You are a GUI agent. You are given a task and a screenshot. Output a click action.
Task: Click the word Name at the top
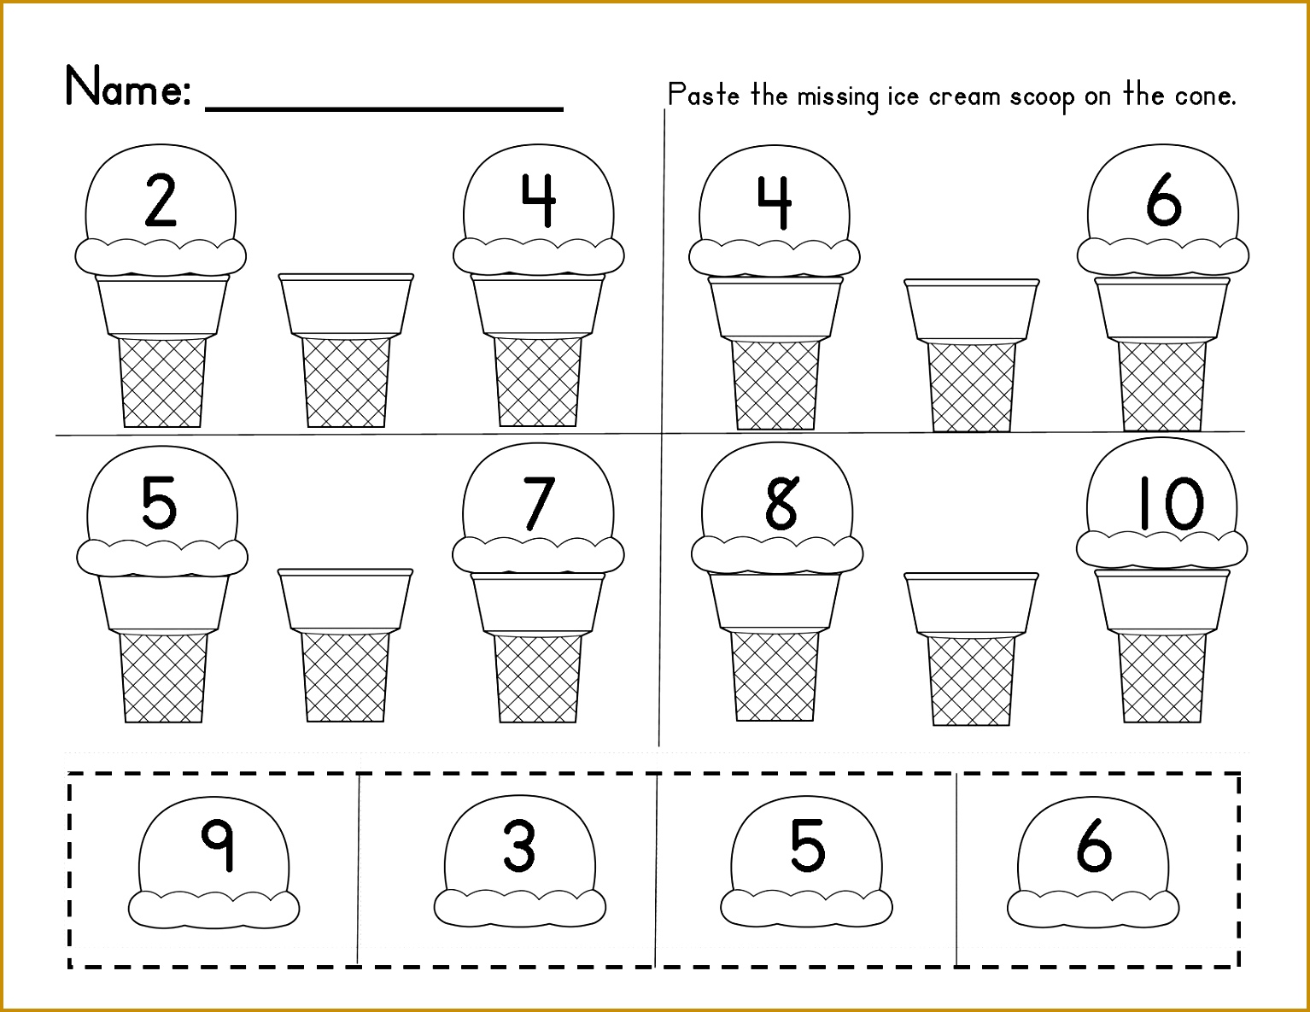coord(128,86)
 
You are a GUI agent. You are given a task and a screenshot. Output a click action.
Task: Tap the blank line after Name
coord(384,108)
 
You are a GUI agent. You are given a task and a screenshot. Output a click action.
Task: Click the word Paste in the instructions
coord(704,95)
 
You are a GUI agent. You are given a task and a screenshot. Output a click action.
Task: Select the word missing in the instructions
coord(838,97)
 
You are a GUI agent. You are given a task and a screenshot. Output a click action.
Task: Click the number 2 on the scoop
coord(161,200)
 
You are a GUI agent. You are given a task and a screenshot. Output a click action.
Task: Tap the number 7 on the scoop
coord(538,503)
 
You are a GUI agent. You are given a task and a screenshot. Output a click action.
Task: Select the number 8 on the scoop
coord(782,503)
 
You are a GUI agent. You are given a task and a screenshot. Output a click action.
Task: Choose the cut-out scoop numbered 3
coord(520,862)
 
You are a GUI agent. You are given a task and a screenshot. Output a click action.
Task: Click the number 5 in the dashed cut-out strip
coord(807,845)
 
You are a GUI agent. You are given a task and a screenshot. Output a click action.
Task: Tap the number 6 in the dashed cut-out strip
coord(1094,845)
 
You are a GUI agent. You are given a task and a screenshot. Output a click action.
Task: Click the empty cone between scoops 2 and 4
coord(346,350)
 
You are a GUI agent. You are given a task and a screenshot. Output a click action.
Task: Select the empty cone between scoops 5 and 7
coord(346,645)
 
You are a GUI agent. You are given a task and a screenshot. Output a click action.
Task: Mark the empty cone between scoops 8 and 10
coord(971,649)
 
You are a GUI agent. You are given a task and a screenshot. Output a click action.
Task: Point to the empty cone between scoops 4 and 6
coord(972,355)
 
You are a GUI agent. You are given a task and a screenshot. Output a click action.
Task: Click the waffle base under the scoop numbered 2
coord(162,382)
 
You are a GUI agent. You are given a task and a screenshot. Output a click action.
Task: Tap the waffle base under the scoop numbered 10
coord(1162,677)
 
